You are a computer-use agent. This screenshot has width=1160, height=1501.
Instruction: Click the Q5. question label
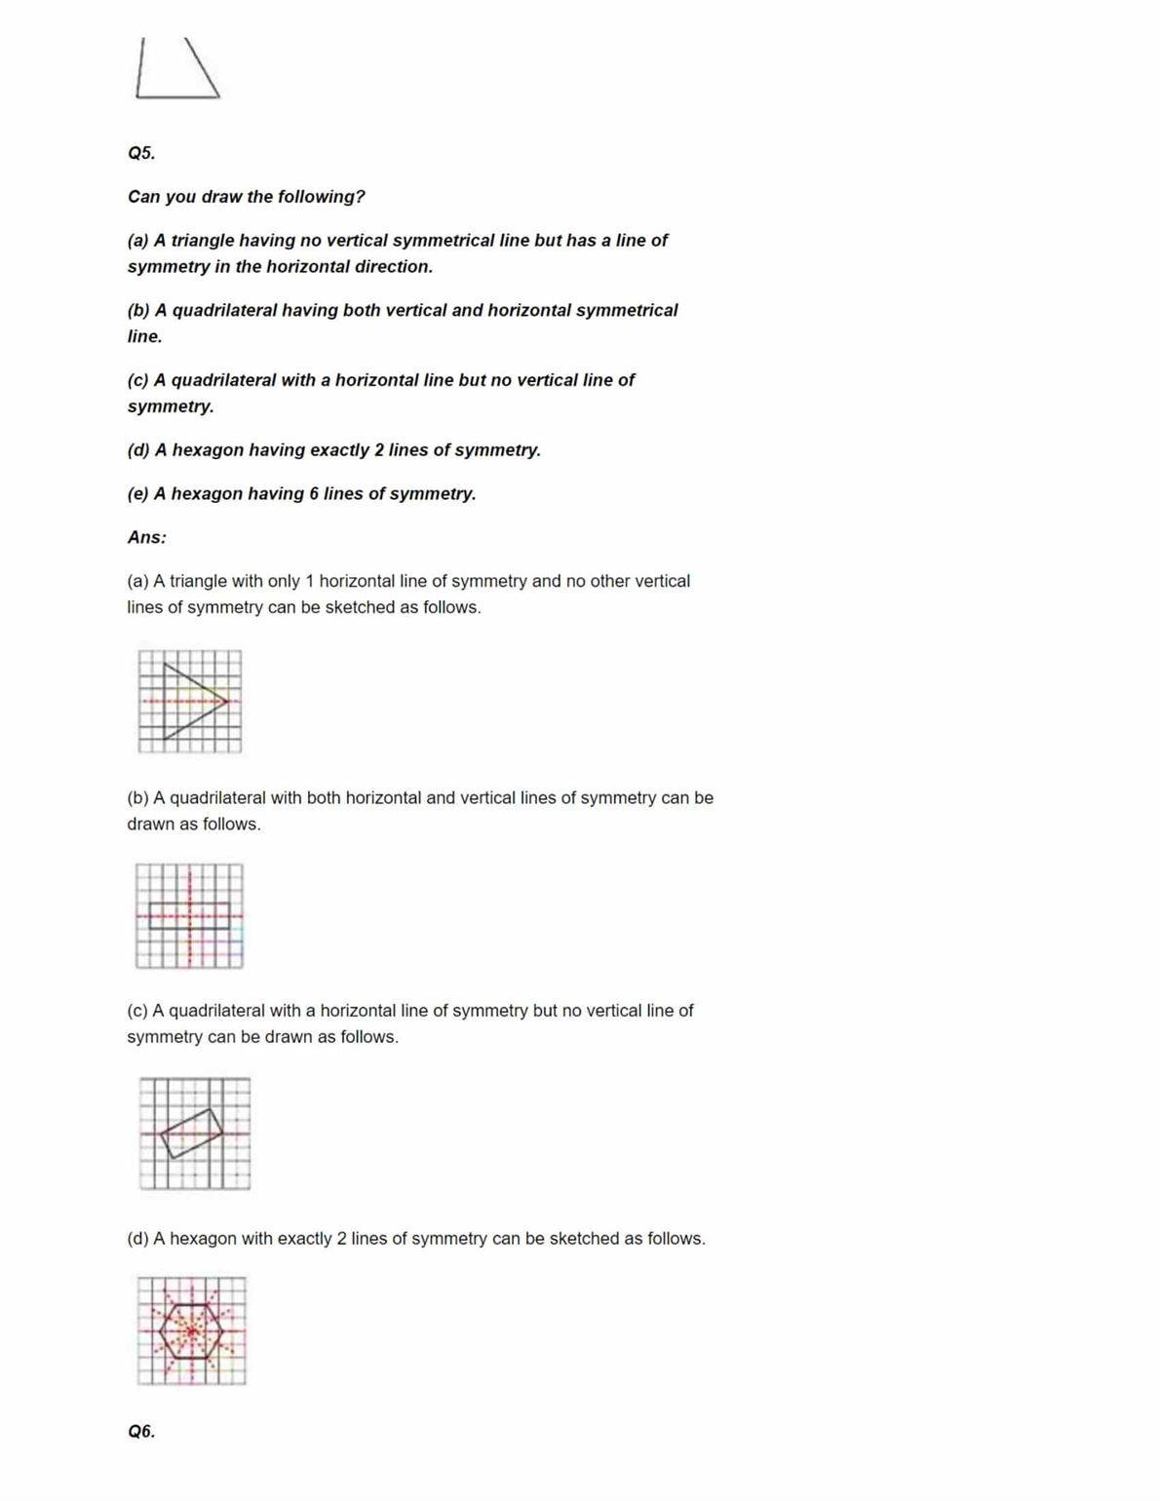141,153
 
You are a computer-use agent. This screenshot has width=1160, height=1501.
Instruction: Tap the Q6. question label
141,1431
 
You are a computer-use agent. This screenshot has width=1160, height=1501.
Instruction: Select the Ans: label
146,537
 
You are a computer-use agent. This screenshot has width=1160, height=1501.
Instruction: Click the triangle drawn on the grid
190,701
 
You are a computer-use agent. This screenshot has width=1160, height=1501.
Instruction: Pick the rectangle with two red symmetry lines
189,915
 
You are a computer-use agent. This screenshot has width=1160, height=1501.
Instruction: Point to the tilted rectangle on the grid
191,1133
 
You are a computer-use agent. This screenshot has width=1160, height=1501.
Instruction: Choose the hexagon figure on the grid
191,1329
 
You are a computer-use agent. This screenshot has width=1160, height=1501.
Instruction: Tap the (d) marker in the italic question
137,450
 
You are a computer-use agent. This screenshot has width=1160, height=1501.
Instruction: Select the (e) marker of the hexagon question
137,494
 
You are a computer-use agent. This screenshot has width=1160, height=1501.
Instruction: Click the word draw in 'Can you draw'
221,197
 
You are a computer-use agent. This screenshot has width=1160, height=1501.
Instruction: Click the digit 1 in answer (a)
310,581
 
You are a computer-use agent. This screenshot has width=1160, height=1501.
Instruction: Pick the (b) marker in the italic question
138,311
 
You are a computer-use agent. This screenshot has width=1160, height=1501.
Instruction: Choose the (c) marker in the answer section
137,1011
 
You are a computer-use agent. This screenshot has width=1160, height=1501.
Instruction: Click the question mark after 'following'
361,197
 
